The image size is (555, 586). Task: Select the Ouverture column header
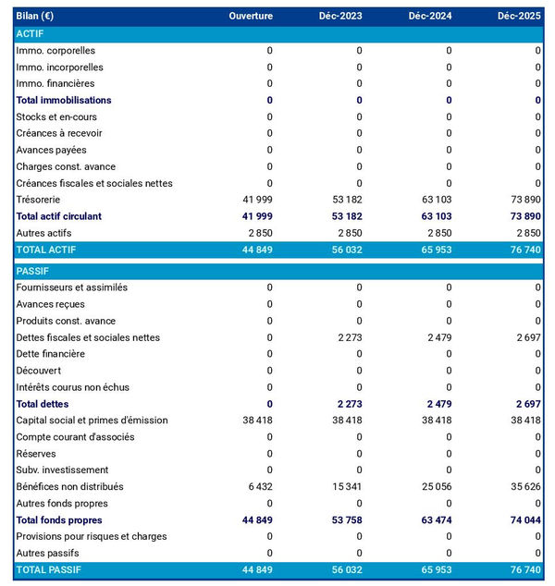(x=251, y=17)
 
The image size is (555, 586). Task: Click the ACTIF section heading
(x=31, y=34)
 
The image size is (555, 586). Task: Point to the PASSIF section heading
(x=33, y=271)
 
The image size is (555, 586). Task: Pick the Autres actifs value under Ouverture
(x=259, y=233)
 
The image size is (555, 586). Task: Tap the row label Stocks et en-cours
(x=56, y=117)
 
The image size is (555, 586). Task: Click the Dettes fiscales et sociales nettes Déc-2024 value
(x=436, y=337)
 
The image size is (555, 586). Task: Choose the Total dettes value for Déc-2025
(x=524, y=404)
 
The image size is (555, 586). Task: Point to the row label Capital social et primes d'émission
(x=92, y=421)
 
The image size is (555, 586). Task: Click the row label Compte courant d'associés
(x=76, y=437)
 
